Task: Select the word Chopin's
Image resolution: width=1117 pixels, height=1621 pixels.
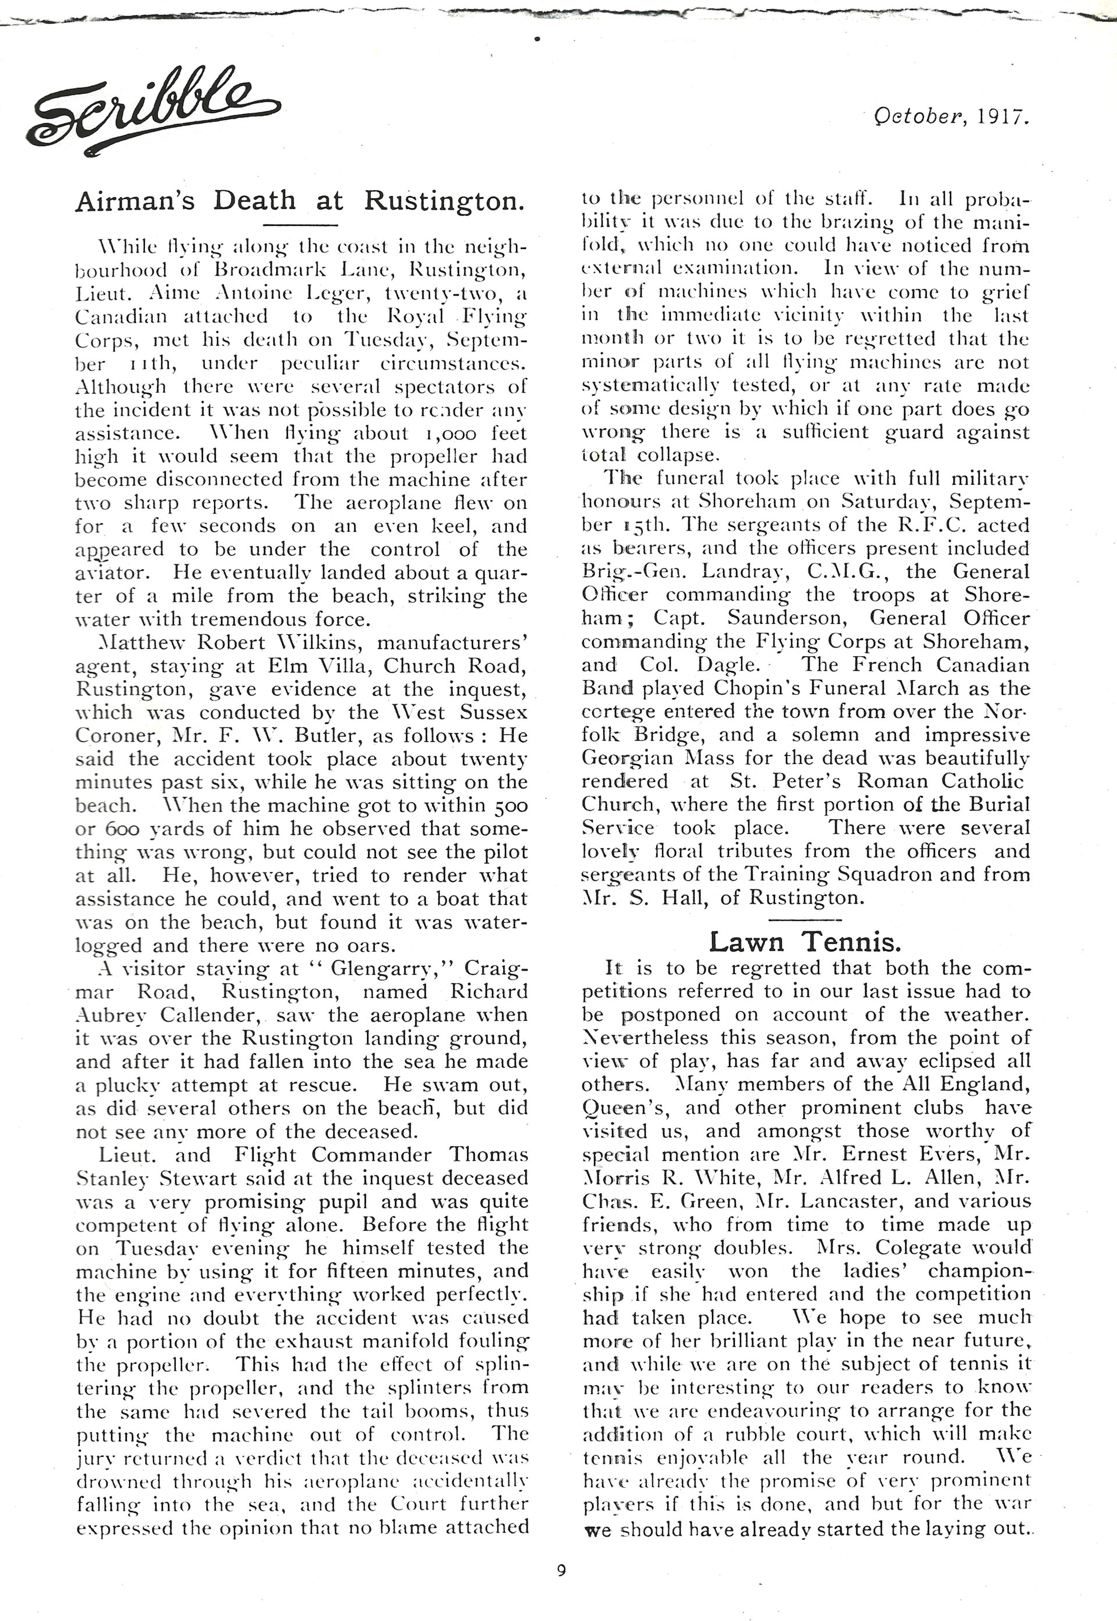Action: pyautogui.click(x=742, y=689)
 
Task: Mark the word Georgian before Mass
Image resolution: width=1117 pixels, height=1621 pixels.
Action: pyautogui.click(x=627, y=759)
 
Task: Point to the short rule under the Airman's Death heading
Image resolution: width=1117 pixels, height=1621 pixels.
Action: pyautogui.click(x=301, y=225)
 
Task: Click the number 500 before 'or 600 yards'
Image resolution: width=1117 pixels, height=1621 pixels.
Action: pyautogui.click(x=507, y=806)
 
